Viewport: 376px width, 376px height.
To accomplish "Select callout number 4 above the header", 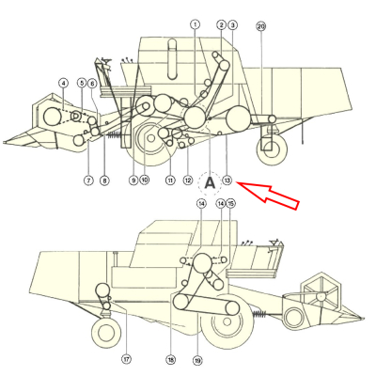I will click(x=63, y=84).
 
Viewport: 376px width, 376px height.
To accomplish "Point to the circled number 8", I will click(x=104, y=180).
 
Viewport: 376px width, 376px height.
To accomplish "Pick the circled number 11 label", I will click(x=170, y=180).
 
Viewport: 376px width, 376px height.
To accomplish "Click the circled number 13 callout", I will click(x=227, y=180).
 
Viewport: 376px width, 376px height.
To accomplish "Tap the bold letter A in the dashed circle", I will click(x=211, y=180).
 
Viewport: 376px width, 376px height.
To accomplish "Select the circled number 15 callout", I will click(x=231, y=203).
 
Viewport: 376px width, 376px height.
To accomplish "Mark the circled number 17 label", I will click(x=126, y=358).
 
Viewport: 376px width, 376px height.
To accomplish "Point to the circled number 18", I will click(x=171, y=358).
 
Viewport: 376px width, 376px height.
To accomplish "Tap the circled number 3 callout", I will click(x=233, y=24).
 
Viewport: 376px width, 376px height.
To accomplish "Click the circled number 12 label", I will click(x=188, y=180).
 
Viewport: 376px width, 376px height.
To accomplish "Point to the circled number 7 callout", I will click(x=87, y=180).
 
